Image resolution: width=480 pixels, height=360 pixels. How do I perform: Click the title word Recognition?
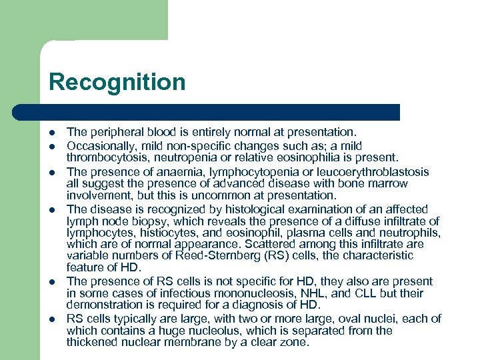117,83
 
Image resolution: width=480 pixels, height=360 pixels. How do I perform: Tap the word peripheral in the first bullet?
113,133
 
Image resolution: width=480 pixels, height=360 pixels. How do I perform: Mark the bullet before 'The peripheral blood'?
52,134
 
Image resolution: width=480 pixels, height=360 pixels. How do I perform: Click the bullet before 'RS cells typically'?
52,319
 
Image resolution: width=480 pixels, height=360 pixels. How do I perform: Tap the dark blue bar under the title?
220,112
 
